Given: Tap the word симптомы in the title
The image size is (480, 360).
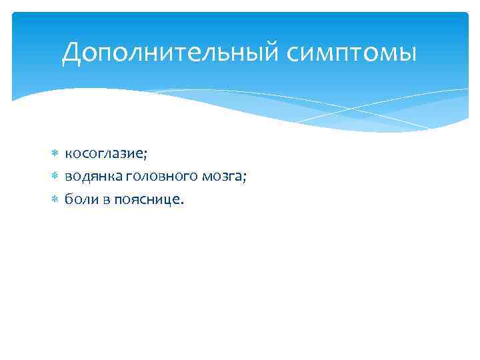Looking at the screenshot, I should pyautogui.click(x=351, y=53).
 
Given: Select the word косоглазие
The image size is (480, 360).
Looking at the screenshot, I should pyautogui.click(x=104, y=154).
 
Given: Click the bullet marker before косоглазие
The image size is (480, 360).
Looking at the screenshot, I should pyautogui.click(x=55, y=154).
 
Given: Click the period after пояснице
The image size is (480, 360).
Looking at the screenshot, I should pyautogui.click(x=179, y=202).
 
